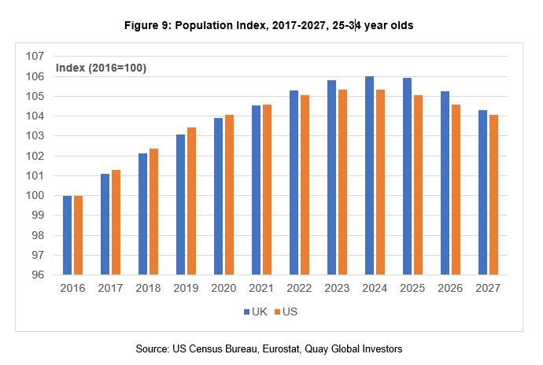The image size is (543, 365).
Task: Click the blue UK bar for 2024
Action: (x=369, y=175)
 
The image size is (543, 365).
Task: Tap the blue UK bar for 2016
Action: (x=67, y=235)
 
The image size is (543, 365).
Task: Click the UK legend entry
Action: (x=253, y=312)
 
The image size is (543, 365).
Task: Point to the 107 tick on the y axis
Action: (x=34, y=57)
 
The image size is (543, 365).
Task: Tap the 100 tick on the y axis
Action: (x=34, y=196)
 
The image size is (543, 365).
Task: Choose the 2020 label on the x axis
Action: (x=224, y=289)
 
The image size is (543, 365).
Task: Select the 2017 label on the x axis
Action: (x=111, y=289)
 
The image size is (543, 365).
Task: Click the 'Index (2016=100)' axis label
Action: (x=101, y=68)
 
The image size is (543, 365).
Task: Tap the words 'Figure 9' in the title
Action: (x=150, y=26)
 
